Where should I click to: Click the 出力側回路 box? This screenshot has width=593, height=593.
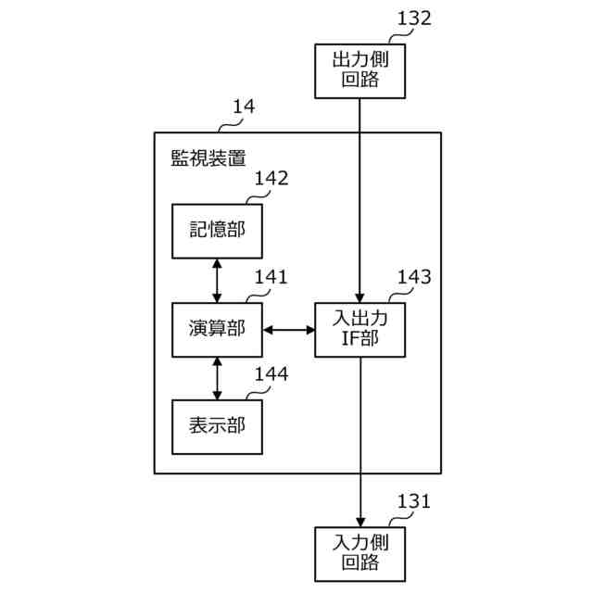[360, 70]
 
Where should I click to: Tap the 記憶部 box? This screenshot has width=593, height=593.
[217, 230]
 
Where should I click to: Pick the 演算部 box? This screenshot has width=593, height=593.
[217, 328]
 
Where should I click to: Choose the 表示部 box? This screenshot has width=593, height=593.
[217, 426]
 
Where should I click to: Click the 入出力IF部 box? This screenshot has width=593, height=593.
[360, 329]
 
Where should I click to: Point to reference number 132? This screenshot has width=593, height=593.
[413, 19]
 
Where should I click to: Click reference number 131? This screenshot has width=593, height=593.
[413, 501]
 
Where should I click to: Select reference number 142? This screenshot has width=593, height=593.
[271, 178]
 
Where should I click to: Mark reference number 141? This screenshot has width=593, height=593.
[271, 276]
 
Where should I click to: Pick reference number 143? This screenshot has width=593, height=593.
[413, 276]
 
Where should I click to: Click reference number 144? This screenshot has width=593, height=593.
[271, 374]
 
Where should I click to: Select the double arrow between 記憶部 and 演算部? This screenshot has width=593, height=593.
[217, 279]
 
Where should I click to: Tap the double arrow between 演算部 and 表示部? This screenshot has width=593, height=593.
[217, 377]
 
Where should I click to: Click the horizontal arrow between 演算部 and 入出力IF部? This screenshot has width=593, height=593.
[288, 329]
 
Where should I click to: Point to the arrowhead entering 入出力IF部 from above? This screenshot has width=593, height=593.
[360, 295]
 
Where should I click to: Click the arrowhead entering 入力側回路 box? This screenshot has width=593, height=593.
[360, 520]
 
